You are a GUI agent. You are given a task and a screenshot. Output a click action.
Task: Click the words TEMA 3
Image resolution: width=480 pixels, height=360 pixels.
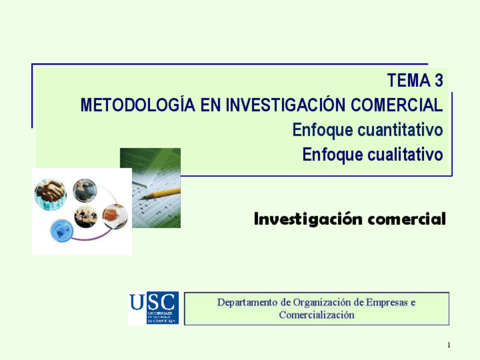[x=415, y=81]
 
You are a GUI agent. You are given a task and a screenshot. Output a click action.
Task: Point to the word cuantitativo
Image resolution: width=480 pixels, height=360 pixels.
[x=400, y=130]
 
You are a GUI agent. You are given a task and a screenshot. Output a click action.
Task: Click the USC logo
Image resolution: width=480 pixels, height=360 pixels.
[x=153, y=308]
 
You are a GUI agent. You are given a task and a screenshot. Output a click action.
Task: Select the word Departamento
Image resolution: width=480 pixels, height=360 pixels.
[x=248, y=302]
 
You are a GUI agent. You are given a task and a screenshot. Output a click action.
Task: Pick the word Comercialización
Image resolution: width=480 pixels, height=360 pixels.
[x=317, y=315]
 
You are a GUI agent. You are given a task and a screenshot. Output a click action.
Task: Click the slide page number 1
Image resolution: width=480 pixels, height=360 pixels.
[x=448, y=345]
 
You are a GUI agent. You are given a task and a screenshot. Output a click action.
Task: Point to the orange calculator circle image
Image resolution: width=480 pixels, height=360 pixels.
[x=115, y=215]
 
